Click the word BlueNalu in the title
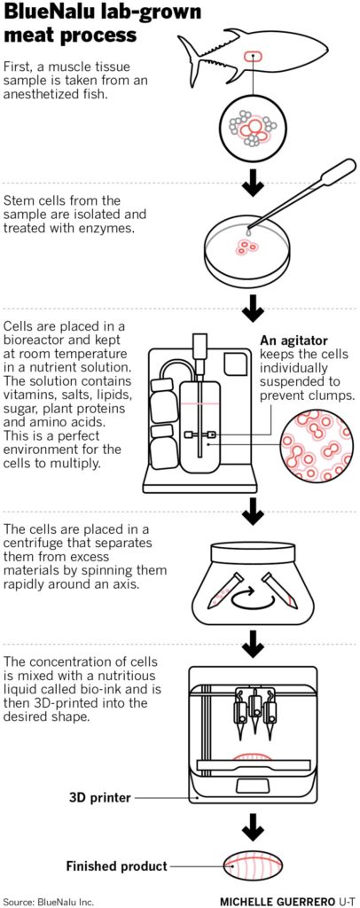click(x=47, y=12)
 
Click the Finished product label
click(x=116, y=867)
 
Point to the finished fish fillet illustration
click(x=253, y=867)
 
